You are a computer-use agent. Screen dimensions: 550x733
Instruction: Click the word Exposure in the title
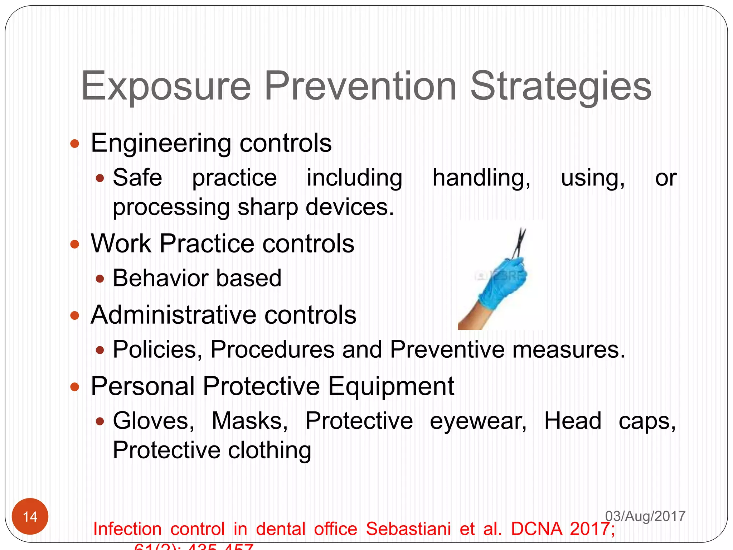click(x=166, y=86)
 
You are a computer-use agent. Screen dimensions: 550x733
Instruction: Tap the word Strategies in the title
click(x=560, y=86)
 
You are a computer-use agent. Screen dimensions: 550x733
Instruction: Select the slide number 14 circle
click(x=30, y=516)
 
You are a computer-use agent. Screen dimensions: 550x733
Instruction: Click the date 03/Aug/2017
click(x=645, y=516)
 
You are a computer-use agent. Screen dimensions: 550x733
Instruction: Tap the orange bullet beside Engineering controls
click(x=74, y=144)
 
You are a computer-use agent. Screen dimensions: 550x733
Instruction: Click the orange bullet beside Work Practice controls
click(x=74, y=245)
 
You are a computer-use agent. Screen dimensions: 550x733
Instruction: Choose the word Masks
click(x=249, y=421)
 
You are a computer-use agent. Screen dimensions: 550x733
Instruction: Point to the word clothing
click(x=270, y=450)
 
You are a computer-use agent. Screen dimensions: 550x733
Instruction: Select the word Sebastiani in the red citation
click(x=408, y=529)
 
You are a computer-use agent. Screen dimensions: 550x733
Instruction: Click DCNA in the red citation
click(x=536, y=529)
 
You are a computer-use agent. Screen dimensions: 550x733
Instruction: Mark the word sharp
click(x=268, y=208)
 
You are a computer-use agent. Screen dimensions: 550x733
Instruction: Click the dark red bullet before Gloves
click(x=100, y=421)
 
